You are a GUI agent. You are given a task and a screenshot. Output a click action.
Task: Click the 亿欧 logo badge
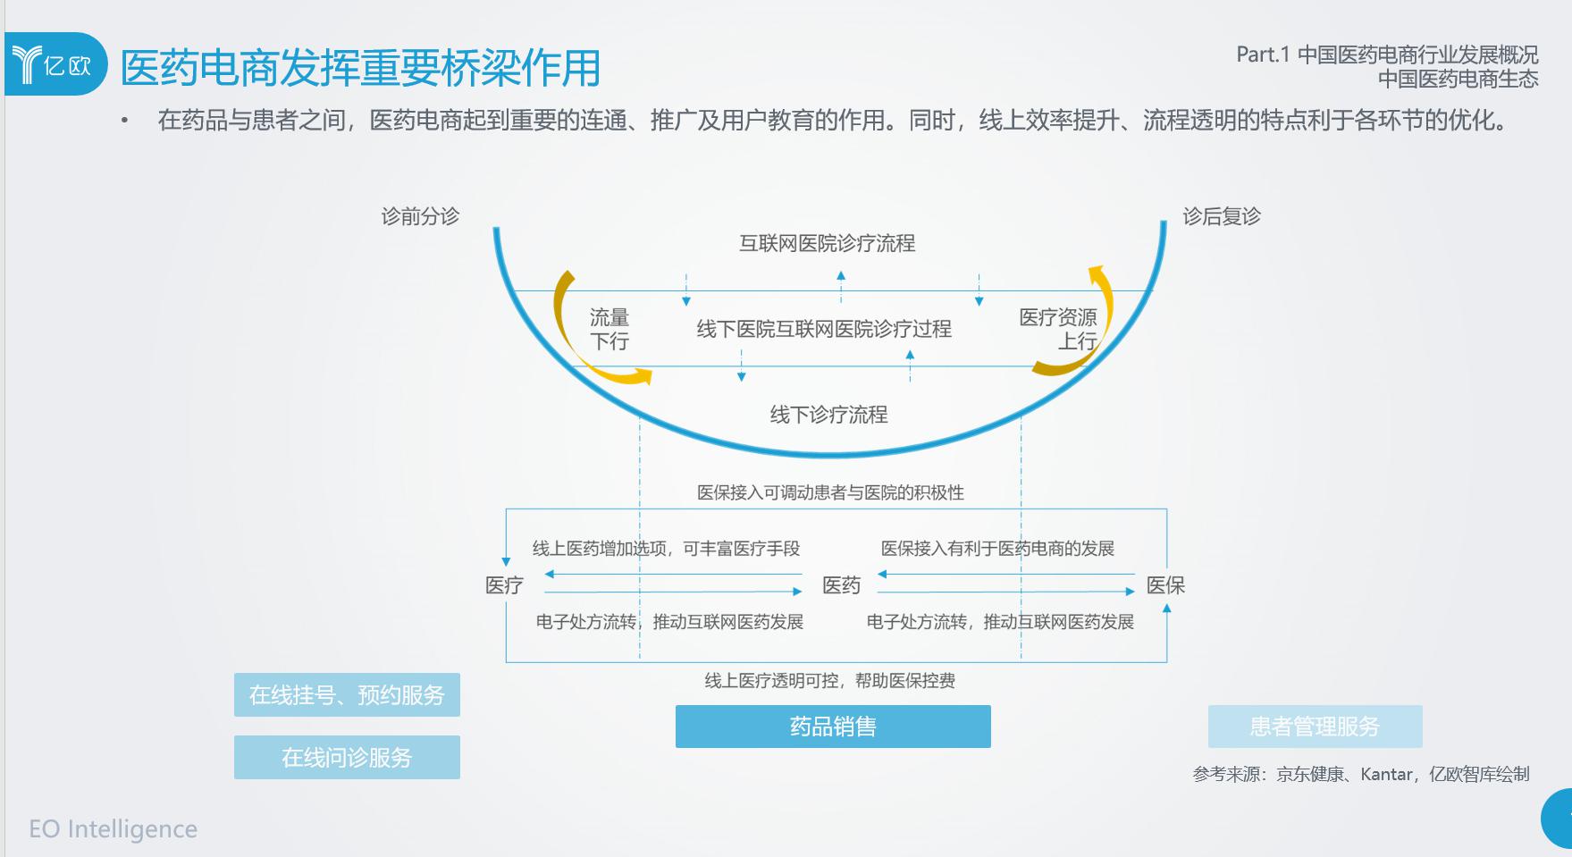click(55, 64)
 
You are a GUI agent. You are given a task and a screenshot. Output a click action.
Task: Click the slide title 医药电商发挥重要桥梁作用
click(360, 68)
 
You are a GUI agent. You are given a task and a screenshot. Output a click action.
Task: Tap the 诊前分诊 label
click(420, 216)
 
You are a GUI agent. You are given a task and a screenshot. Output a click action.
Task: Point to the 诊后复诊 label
click(1222, 216)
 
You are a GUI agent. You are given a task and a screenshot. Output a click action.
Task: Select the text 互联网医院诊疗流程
click(828, 243)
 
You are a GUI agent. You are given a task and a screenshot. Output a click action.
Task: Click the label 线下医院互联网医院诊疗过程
click(824, 329)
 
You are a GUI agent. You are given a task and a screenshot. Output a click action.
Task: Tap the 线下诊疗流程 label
click(829, 415)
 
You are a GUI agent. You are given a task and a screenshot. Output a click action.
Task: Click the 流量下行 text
click(609, 329)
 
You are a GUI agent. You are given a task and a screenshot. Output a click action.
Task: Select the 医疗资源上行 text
click(1058, 329)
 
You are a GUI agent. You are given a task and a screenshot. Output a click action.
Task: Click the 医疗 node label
click(504, 585)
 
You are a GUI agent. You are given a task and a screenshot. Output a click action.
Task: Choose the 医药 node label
click(841, 585)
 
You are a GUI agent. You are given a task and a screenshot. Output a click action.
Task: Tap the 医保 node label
click(1165, 585)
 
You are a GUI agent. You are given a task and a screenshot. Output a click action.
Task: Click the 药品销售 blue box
click(833, 727)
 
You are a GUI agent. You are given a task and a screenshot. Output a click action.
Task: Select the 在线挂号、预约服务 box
click(347, 695)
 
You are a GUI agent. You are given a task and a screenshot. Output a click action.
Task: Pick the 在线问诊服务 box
click(347, 758)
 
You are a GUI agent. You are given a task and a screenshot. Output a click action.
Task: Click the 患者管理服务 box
click(1315, 727)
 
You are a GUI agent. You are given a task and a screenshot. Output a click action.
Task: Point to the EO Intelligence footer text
click(113, 829)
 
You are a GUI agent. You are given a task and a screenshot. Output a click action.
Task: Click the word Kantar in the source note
click(1387, 774)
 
